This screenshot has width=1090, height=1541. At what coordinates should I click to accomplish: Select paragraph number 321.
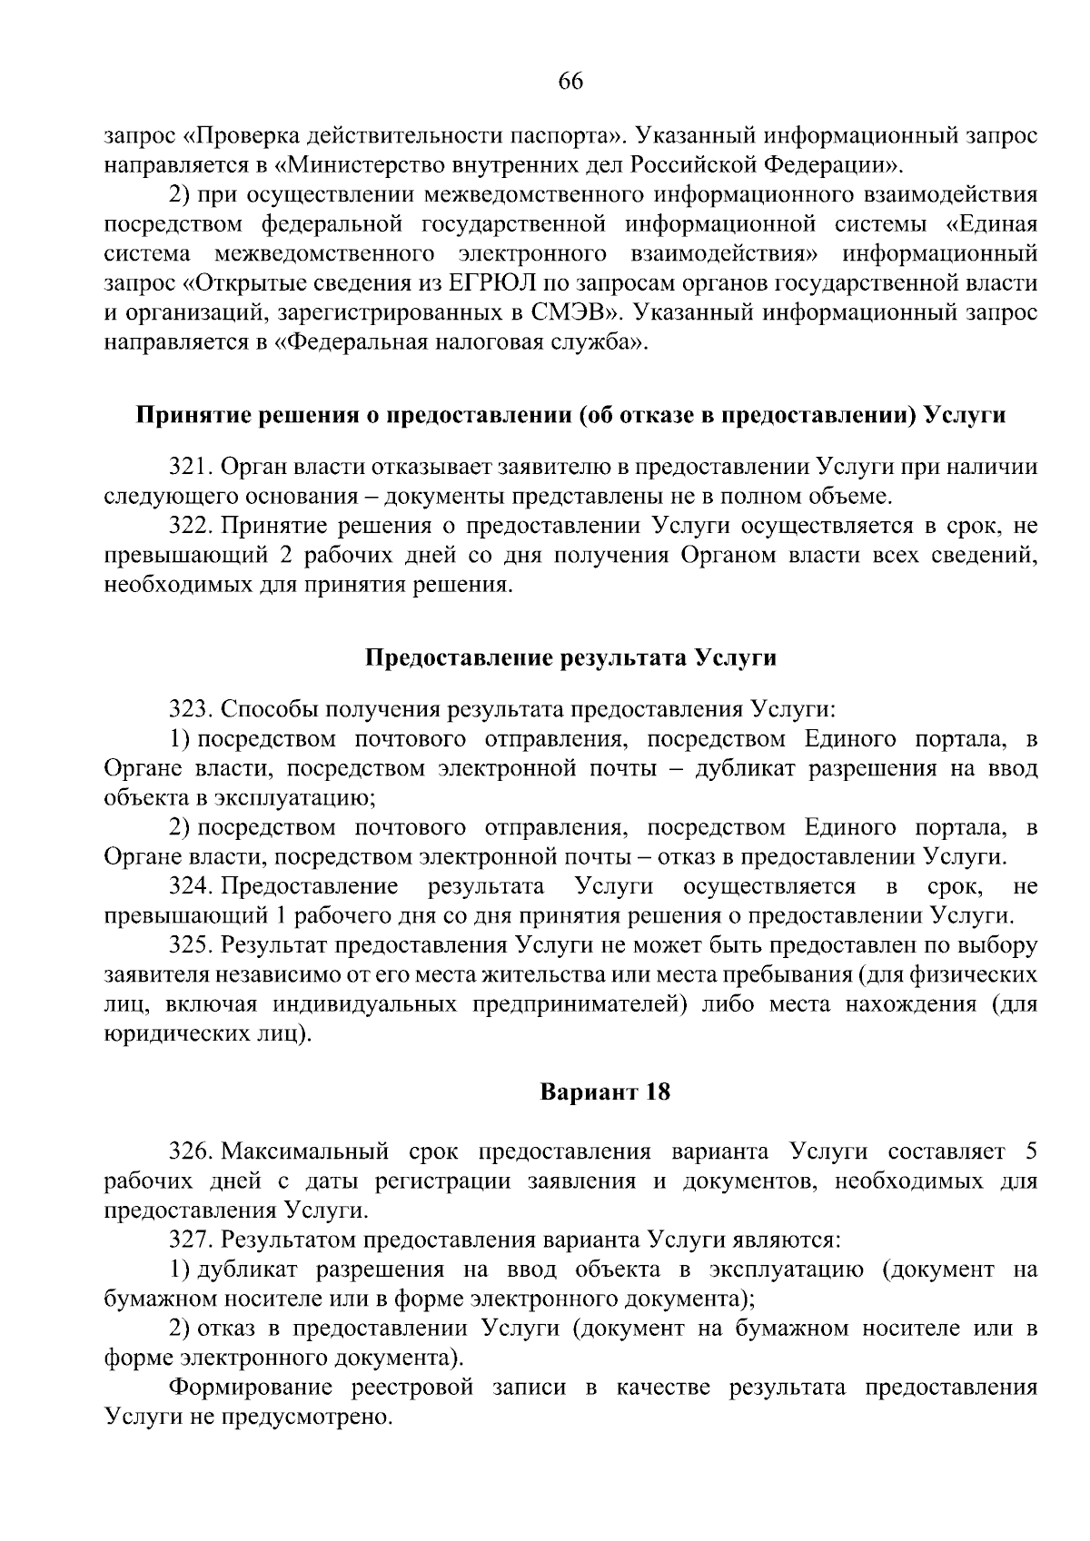tap(190, 467)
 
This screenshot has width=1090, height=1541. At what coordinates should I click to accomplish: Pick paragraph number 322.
tap(190, 526)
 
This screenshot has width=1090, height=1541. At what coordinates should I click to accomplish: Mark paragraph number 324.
tap(190, 885)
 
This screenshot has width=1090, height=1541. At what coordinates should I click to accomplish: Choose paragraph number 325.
tap(190, 944)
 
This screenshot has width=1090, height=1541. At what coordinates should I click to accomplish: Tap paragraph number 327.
tap(190, 1240)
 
